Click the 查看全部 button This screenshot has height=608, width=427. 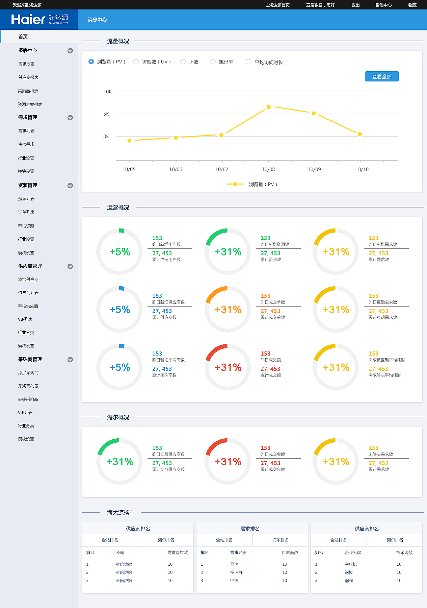tap(381, 77)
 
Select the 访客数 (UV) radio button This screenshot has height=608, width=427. tap(136, 62)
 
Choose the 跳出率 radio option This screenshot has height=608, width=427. tap(213, 62)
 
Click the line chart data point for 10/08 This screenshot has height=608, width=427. tap(269, 107)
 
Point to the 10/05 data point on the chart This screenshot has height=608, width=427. tap(129, 141)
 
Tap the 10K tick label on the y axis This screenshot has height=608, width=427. tap(107, 92)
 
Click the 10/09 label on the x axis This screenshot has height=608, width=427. tap(314, 169)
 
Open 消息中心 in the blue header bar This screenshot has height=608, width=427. tap(97, 20)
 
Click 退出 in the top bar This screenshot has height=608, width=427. tap(355, 5)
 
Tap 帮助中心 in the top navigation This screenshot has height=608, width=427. tap(383, 5)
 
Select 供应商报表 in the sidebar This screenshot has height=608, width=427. tap(28, 77)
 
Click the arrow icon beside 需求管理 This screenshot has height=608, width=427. tap(70, 118)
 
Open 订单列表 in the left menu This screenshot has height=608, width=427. tap(26, 212)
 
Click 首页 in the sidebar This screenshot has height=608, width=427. tap(23, 37)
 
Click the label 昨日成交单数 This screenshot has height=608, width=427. tap(273, 302)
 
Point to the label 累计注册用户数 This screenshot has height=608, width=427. tap(166, 260)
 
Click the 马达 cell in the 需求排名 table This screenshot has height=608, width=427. tap(234, 564)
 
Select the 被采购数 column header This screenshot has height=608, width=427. tap(404, 553)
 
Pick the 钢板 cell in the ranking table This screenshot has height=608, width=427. tap(349, 573)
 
